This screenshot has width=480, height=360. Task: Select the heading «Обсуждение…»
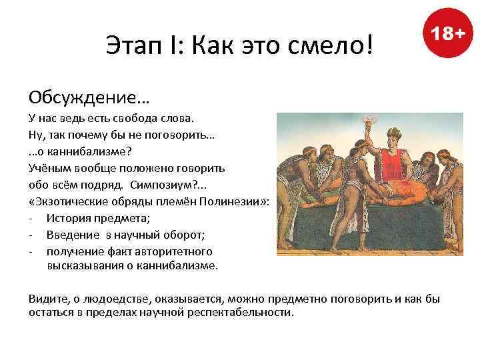[x=89, y=98]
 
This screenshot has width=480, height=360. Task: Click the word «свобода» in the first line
[x=140, y=119]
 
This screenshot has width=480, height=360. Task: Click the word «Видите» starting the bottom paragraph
[x=47, y=298]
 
